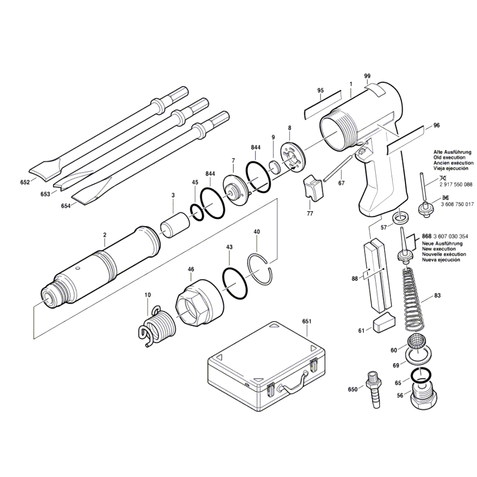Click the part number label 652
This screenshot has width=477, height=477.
tap(25, 182)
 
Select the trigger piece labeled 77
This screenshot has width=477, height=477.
tap(313, 187)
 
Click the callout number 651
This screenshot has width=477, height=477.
tap(306, 321)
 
